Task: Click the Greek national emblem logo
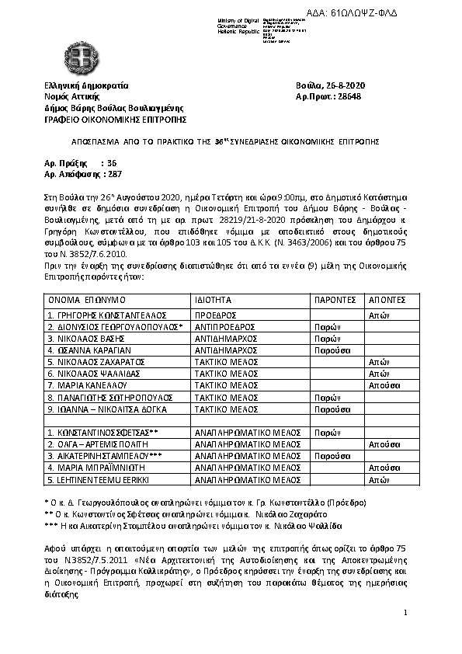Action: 78,56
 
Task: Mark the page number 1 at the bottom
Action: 405,614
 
